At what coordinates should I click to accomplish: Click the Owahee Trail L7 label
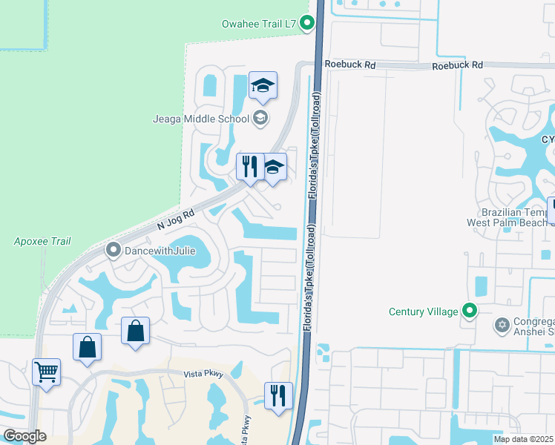click(259, 24)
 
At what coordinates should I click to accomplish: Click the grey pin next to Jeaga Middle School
click(260, 117)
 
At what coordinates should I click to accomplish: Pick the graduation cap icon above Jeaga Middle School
click(263, 86)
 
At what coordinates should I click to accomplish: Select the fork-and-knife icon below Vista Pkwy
click(278, 395)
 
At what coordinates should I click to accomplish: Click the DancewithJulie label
click(160, 250)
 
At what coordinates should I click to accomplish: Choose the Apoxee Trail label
click(42, 241)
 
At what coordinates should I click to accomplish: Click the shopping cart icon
click(46, 372)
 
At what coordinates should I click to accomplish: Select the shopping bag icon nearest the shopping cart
click(87, 347)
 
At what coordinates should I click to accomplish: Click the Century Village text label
click(423, 311)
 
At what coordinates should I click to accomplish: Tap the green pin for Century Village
click(469, 311)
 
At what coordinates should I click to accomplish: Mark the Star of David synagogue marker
click(502, 324)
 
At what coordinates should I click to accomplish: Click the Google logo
click(24, 436)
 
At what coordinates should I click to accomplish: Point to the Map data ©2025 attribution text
click(523, 439)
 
